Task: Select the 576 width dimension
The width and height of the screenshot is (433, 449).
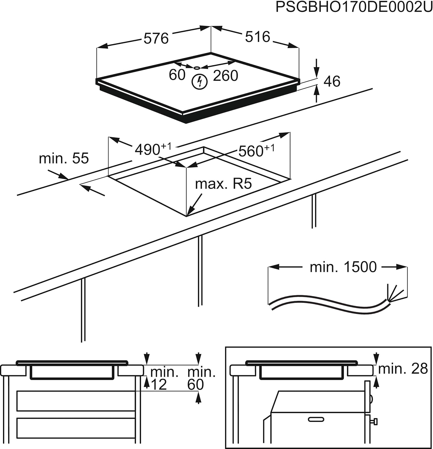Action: pos(156,39)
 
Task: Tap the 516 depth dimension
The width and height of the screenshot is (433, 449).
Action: pos(257,37)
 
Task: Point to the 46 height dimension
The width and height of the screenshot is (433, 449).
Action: pos(332,81)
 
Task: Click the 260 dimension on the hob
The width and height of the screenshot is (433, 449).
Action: pos(225,75)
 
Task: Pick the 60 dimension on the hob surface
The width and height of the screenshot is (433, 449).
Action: pos(177,75)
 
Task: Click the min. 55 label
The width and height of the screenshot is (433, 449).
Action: pos(64,158)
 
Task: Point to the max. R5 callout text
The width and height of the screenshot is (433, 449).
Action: pos(223,184)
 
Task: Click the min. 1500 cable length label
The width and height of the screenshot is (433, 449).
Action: pos(343,267)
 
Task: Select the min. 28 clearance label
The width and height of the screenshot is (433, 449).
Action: pos(403,369)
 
